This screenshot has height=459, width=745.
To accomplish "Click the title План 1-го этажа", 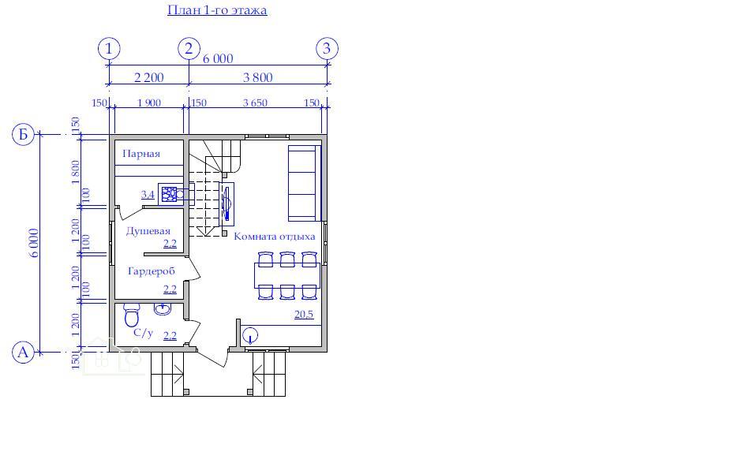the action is pyautogui.click(x=217, y=10).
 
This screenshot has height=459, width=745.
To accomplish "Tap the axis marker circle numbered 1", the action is pyautogui.click(x=109, y=48).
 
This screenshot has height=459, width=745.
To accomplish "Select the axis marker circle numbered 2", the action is pyautogui.click(x=189, y=48).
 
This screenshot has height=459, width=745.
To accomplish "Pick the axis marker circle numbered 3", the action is pyautogui.click(x=327, y=48).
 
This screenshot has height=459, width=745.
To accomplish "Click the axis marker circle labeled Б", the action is pyautogui.click(x=23, y=134).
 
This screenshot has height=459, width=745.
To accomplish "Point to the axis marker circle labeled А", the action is pyautogui.click(x=23, y=353).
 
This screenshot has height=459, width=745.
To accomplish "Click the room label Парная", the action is pyautogui.click(x=141, y=154).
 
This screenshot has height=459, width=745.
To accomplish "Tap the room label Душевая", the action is pyautogui.click(x=148, y=231).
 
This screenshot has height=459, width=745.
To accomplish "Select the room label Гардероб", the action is pyautogui.click(x=151, y=271).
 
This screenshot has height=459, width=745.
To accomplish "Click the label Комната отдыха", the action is pyautogui.click(x=274, y=236).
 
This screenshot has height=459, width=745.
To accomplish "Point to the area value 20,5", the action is pyautogui.click(x=304, y=314).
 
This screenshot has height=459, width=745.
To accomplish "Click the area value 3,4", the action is pyautogui.click(x=148, y=195).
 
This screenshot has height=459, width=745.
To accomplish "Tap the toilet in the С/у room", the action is pyautogui.click(x=132, y=315).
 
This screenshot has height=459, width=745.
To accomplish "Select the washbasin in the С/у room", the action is pyautogui.click(x=163, y=309).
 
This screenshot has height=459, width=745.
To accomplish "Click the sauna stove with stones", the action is pyautogui.click(x=170, y=194).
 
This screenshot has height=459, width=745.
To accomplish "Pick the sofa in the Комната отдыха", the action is pyautogui.click(x=305, y=183).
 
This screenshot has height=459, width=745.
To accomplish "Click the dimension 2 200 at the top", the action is pyautogui.click(x=148, y=77).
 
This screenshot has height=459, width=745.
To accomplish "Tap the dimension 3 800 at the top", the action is pyautogui.click(x=257, y=77).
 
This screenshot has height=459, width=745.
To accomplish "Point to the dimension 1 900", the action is pyautogui.click(x=148, y=103).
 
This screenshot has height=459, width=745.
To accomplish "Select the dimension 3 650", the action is pyautogui.click(x=255, y=103).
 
